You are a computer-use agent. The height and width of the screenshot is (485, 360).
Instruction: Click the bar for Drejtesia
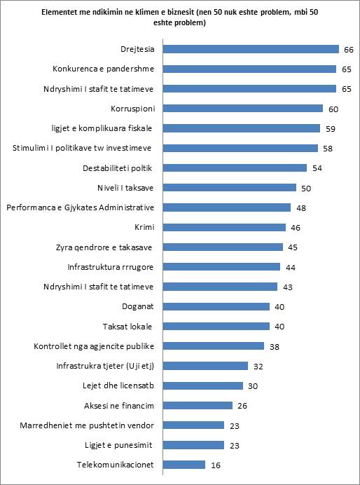click(251, 49)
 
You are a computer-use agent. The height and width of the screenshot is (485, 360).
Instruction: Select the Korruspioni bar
click(243, 108)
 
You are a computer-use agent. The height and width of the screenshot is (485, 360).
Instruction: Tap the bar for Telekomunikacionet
click(184, 465)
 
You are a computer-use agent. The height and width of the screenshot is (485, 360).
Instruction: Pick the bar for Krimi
click(224, 227)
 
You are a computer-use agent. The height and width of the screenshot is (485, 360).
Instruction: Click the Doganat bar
click(216, 306)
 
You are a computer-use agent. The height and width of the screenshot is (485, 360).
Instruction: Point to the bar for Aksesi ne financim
click(198, 405)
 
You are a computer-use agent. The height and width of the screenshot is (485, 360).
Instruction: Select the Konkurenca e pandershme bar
click(249, 69)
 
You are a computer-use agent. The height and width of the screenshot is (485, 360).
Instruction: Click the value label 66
click(349, 50)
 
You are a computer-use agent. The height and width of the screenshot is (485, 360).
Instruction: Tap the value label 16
click(216, 465)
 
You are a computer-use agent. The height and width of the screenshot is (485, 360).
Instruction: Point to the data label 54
click(317, 169)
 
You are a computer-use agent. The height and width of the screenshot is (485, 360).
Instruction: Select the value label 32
click(258, 367)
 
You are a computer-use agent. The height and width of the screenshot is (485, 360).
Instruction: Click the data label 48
click(301, 208)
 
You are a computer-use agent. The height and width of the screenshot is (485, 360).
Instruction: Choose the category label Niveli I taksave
click(125, 188)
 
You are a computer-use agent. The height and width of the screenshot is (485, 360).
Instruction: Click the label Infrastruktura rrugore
click(111, 267)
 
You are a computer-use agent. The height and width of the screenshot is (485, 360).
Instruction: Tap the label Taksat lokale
click(127, 327)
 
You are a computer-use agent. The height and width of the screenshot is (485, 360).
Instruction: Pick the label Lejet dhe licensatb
click(118, 385)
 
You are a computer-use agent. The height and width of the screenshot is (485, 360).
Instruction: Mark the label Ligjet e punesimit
click(118, 446)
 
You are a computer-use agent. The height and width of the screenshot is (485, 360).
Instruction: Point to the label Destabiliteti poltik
click(118, 168)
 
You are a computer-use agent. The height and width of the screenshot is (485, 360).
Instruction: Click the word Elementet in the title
click(58, 13)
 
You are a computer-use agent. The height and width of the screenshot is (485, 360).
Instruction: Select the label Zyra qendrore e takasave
click(104, 247)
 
